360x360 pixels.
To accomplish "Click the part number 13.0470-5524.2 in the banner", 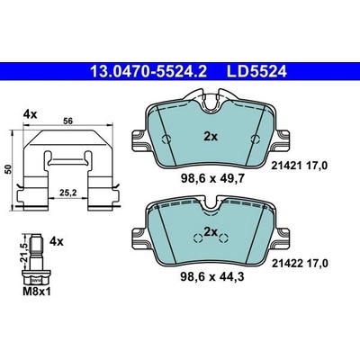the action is click(148, 72).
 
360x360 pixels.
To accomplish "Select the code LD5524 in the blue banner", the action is click(256, 72).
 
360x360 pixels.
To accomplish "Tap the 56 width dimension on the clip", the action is click(68, 121).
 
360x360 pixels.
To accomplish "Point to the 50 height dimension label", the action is click(9, 169).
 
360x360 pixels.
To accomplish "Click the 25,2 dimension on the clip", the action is click(67, 193).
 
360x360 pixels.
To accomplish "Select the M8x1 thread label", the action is click(37, 292).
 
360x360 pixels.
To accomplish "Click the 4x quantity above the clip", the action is click(31, 114).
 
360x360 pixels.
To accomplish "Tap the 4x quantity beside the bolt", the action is click(57, 241).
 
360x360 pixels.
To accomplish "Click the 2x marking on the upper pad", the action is click(211, 137).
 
